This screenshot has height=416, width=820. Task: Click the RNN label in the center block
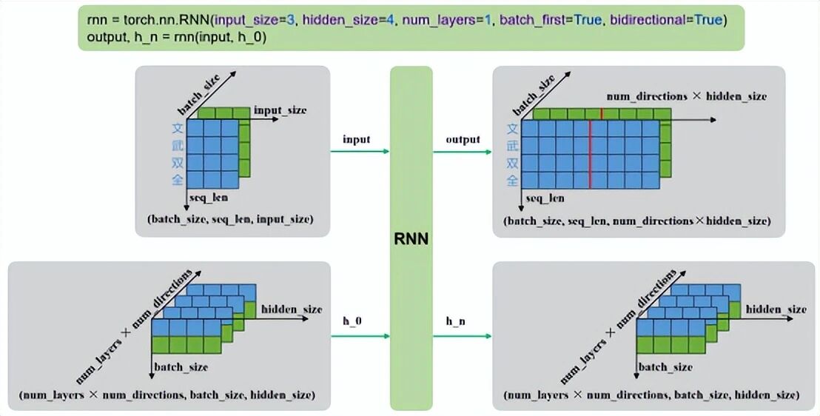tap(411, 239)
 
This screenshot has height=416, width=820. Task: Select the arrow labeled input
tap(360, 152)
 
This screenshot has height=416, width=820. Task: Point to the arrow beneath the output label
tap(463, 152)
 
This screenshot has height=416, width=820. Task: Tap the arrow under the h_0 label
tap(360, 335)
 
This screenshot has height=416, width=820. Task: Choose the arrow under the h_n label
tap(463, 335)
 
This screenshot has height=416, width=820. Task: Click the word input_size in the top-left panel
tap(280, 110)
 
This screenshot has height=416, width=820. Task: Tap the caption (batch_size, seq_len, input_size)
tap(229, 219)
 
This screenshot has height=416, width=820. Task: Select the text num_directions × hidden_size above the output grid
tap(686, 96)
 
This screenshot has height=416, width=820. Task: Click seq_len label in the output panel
tap(545, 198)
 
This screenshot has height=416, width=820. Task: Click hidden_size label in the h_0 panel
tap(291, 309)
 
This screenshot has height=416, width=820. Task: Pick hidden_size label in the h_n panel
tap(776, 309)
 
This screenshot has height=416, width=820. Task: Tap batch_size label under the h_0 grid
tap(180, 366)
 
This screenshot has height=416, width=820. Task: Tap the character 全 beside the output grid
tap(512, 180)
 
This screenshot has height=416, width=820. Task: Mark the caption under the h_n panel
tap(651, 395)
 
